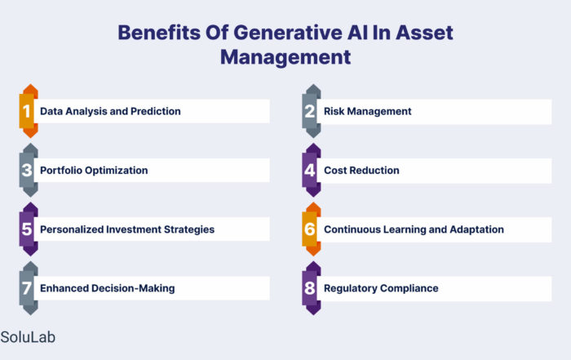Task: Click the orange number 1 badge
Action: pyautogui.click(x=29, y=111)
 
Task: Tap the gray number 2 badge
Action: pyautogui.click(x=312, y=111)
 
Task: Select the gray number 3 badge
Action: pyautogui.click(x=29, y=170)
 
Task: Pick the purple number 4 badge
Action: pyautogui.click(x=312, y=170)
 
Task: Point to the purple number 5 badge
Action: pyautogui.click(x=29, y=229)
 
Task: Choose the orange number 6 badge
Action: pyautogui.click(x=312, y=229)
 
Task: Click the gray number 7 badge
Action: pyautogui.click(x=29, y=288)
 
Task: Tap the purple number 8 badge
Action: pyautogui.click(x=312, y=288)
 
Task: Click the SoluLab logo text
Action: pyautogui.click(x=28, y=337)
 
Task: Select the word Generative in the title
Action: pyautogui.click(x=288, y=33)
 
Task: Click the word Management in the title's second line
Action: pyautogui.click(x=285, y=57)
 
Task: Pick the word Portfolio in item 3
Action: pyautogui.click(x=61, y=170)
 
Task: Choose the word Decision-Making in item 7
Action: pyautogui.click(x=133, y=288)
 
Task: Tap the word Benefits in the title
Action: pyautogui.click(x=159, y=33)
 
